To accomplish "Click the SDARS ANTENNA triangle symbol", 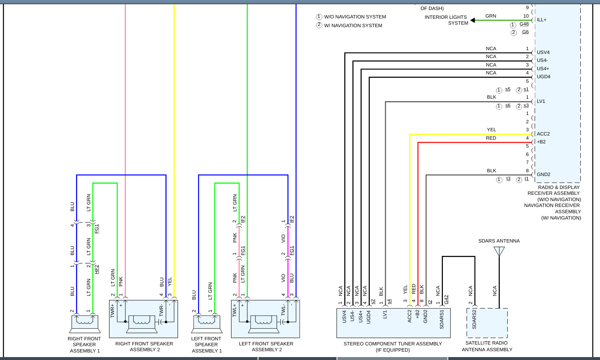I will [499, 251].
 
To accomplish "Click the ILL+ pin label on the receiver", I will [542, 20].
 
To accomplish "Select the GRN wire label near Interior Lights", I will [491, 16].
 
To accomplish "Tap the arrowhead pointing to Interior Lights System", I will [473, 20].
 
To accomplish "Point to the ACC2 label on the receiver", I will [543, 134].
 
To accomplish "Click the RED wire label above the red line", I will [491, 138].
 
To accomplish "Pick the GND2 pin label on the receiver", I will [544, 174].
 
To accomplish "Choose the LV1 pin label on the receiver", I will [541, 101].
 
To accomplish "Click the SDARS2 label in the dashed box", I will [474, 319].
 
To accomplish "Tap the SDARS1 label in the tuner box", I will [442, 319].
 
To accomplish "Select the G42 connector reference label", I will [446, 299].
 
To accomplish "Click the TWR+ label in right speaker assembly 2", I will [112, 311].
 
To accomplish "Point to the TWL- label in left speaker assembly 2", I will [283, 310].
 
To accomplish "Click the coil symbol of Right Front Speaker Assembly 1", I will [85, 322].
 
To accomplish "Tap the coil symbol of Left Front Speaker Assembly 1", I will [206, 322].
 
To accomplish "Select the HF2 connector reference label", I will [97, 269].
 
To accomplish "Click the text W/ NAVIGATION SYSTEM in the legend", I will [353, 26].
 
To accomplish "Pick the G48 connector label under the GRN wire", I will [524, 24].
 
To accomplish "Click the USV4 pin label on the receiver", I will [543, 52].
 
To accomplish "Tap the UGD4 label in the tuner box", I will [369, 317].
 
